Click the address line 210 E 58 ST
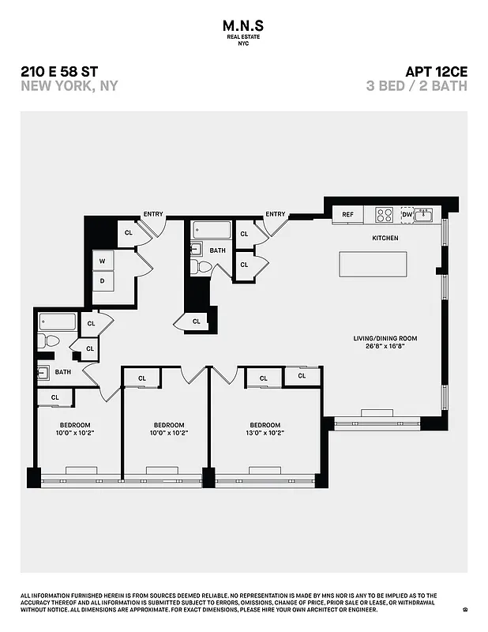[x=60, y=72]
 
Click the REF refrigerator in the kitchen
[x=347, y=214]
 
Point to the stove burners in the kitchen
[x=384, y=214]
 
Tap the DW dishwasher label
[x=407, y=214]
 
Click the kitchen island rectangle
[x=374, y=264]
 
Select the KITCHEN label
[x=385, y=238]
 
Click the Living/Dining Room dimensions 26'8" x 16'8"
[x=385, y=345]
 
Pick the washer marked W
[x=103, y=260]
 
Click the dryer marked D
[x=103, y=280]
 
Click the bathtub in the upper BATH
[x=212, y=230]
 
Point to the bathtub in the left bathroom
[x=57, y=322]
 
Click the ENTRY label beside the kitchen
[x=276, y=214]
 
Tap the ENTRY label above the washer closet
[x=153, y=214]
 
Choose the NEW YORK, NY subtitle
[x=69, y=86]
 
